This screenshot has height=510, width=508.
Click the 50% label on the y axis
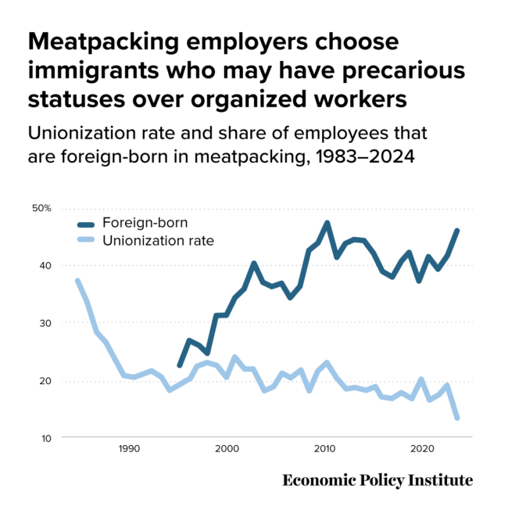coord(41,208)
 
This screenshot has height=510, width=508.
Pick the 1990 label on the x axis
coord(129,449)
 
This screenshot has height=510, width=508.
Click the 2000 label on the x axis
coord(227,449)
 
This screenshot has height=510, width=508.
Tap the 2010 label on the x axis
coord(324,449)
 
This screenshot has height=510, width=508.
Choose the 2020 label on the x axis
coord(422,449)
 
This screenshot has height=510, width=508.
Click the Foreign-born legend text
coord(145,222)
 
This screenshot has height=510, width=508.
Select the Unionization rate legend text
coord(158,240)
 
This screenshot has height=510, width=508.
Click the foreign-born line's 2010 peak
coord(326,224)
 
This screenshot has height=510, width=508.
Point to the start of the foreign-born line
coord(179,366)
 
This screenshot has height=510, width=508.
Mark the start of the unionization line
coord(77,280)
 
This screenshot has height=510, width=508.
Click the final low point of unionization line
coord(457,418)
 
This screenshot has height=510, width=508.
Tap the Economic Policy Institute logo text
coord(377,479)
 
